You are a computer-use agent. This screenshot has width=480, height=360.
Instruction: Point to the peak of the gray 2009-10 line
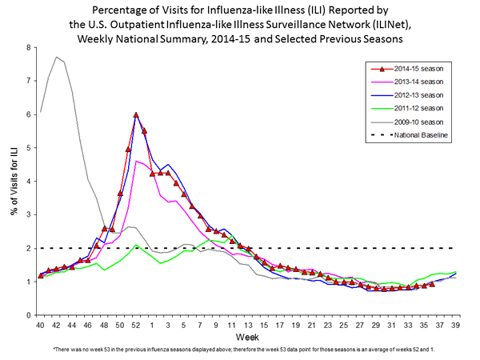(56, 57)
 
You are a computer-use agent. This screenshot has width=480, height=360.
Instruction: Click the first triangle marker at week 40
(41, 276)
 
